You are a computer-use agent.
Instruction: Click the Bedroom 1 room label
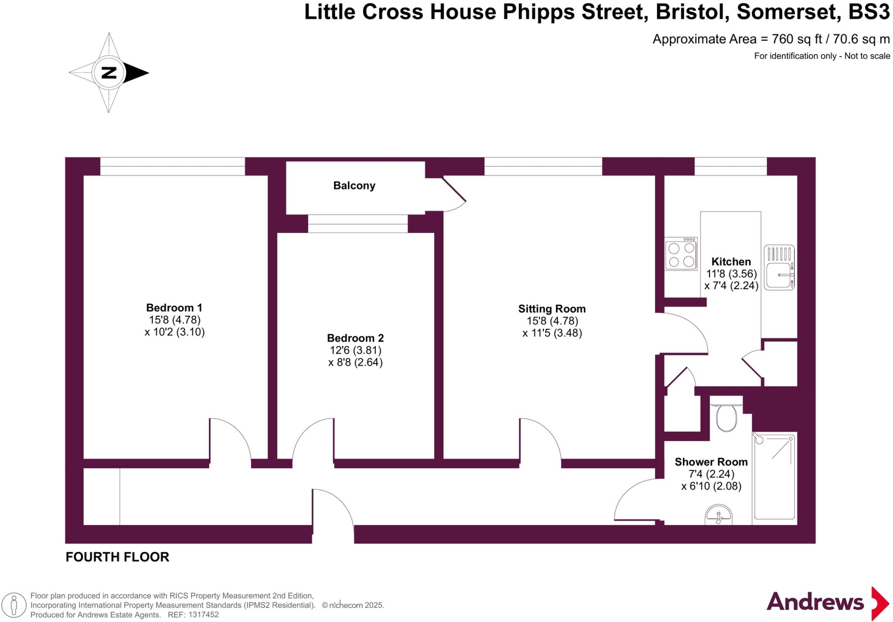pos(174,308)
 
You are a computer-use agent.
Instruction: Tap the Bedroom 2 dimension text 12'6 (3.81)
pos(355,350)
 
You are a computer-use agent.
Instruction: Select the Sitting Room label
pos(552,309)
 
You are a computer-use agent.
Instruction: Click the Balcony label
pos(354,186)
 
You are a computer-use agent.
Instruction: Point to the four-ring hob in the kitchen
pos(681,254)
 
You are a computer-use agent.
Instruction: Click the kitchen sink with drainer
pos(779,268)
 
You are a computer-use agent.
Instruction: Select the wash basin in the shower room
pos(718,516)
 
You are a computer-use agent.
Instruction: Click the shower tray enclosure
pos(774,476)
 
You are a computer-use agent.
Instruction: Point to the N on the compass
pos(109,73)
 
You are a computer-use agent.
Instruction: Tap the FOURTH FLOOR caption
pos(117,557)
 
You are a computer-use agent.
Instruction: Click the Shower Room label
pos(711,462)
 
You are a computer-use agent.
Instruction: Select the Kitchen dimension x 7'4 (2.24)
pos(731,286)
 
